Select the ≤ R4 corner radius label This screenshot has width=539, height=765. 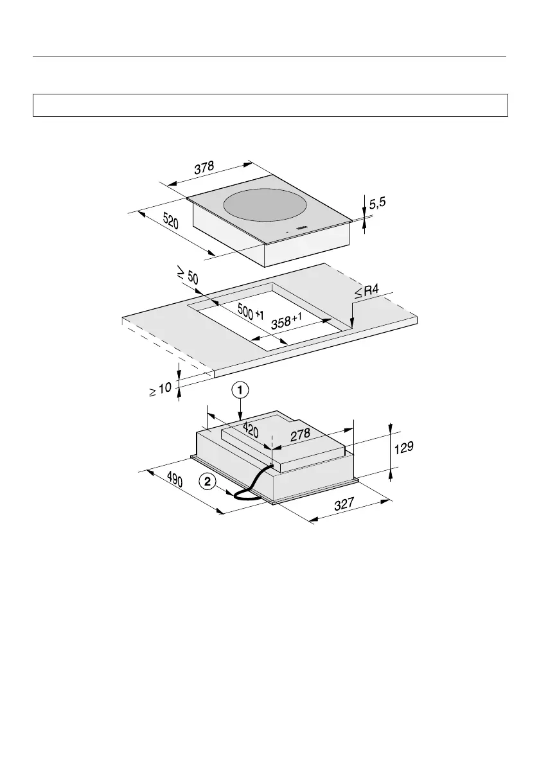point(367,294)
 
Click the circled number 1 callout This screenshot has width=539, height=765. point(240,390)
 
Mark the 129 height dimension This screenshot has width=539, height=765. point(403,448)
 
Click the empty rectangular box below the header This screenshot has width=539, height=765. point(270,105)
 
